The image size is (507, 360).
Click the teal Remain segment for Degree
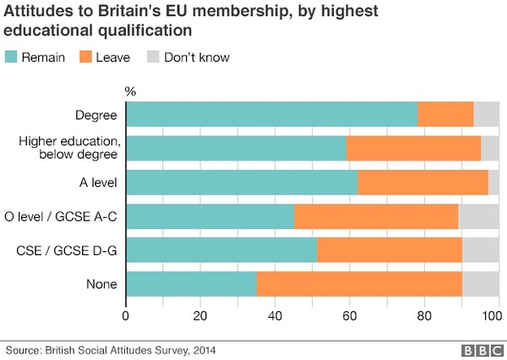(271, 114)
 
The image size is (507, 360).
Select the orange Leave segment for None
(359, 283)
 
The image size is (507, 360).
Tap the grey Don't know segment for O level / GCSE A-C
(478, 216)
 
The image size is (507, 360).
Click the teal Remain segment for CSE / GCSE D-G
(221, 250)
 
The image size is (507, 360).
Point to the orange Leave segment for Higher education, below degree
(413, 148)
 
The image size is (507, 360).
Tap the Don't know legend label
(195, 57)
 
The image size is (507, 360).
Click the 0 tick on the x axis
(126, 317)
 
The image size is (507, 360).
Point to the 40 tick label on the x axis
(275, 317)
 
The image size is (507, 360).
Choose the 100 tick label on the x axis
(491, 317)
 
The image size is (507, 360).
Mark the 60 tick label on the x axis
(349, 317)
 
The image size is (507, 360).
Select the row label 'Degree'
(96, 114)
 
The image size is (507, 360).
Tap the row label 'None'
(102, 283)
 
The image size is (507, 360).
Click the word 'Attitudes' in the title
(37, 13)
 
